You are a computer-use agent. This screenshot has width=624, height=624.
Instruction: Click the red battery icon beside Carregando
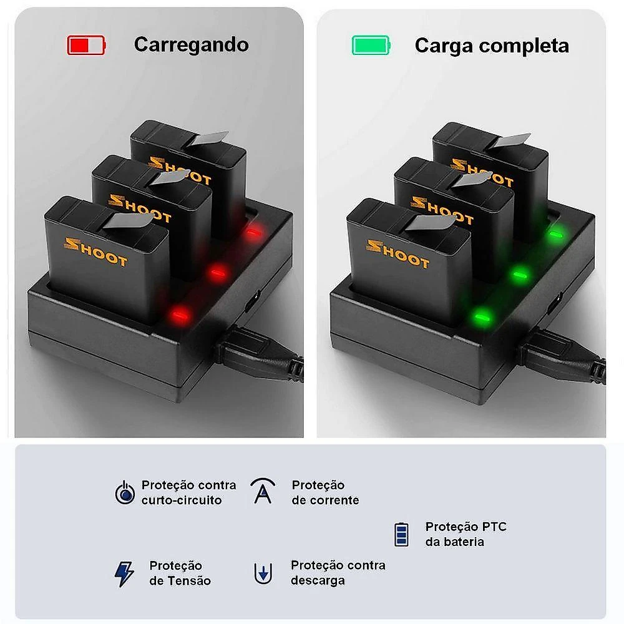pyautogui.click(x=86, y=45)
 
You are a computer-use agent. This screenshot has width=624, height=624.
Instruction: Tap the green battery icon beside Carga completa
pyautogui.click(x=371, y=45)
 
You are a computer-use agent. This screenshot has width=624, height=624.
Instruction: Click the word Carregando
pyautogui.click(x=192, y=45)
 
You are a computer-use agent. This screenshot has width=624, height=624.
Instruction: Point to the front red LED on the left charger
pyautogui.click(x=180, y=315)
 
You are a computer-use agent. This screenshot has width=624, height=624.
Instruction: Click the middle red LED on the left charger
pyautogui.click(x=217, y=273)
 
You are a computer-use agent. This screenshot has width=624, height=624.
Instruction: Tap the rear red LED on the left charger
pyautogui.click(x=252, y=232)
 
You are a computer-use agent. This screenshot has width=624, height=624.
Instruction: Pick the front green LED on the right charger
pyautogui.click(x=482, y=317)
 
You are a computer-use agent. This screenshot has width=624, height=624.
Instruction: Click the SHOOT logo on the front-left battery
pyautogui.click(x=95, y=252)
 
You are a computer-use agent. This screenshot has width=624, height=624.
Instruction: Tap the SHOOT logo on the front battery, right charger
pyautogui.click(x=398, y=254)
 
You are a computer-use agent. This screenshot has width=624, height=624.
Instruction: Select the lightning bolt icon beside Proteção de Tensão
pyautogui.click(x=124, y=574)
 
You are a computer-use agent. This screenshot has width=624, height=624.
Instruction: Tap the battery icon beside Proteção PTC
pyautogui.click(x=401, y=535)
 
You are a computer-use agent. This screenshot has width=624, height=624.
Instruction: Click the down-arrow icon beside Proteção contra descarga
pyautogui.click(x=263, y=573)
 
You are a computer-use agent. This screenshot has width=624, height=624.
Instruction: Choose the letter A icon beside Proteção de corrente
pyautogui.click(x=263, y=491)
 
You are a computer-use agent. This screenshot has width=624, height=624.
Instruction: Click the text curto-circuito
pyautogui.click(x=182, y=500)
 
